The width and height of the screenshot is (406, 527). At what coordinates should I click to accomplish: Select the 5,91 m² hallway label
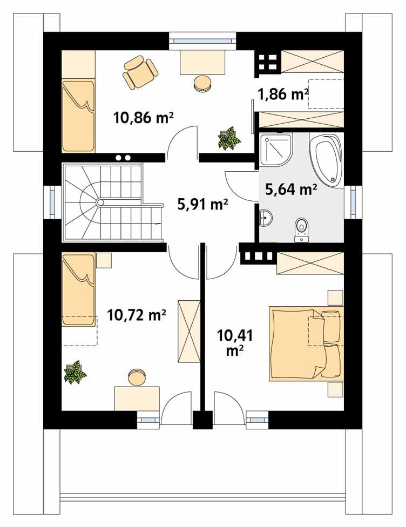coord(202,204)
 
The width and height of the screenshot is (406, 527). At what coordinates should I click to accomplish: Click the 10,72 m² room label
coord(136,314)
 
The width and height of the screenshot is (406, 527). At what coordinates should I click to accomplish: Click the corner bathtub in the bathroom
coord(326,159)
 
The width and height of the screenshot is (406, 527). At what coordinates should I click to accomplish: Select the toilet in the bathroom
coord(301,229)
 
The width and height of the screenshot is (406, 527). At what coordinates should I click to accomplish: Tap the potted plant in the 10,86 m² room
coord(228,138)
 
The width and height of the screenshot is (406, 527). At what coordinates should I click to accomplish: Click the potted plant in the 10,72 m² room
coord(75,372)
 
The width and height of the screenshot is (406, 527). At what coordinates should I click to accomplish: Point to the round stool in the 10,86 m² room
coord(202,84)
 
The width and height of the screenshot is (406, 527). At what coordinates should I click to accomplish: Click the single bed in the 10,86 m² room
coord(78,115)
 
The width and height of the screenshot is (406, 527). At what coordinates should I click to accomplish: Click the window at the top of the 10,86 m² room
coord(202,40)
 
